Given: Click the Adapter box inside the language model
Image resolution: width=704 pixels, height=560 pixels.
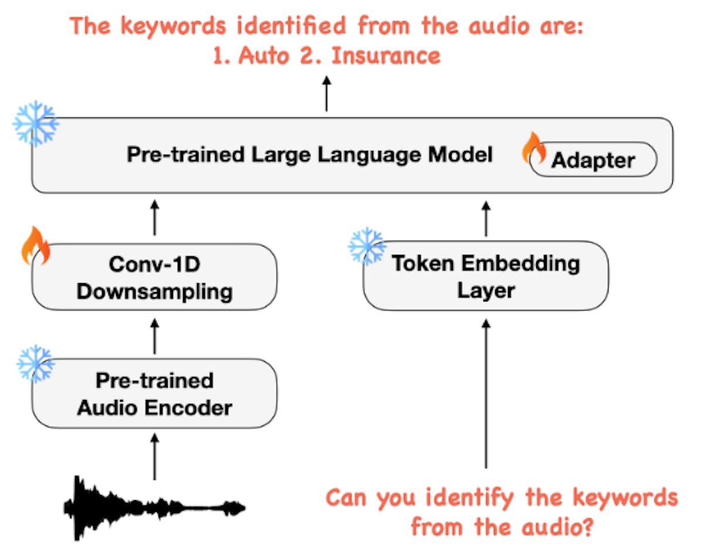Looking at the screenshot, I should click(x=593, y=159).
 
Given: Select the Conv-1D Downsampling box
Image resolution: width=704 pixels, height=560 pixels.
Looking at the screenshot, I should click(x=154, y=277).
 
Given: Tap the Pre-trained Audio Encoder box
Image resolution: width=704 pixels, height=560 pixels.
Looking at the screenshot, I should click(x=154, y=394).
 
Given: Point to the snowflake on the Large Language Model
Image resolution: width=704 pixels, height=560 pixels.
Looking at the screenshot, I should click(x=36, y=123).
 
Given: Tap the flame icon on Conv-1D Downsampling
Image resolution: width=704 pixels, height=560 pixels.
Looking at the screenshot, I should click(x=36, y=245).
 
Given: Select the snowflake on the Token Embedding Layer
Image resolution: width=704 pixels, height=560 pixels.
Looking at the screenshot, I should click(x=367, y=246).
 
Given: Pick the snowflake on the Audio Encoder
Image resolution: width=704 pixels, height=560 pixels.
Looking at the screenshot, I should click(x=36, y=364).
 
